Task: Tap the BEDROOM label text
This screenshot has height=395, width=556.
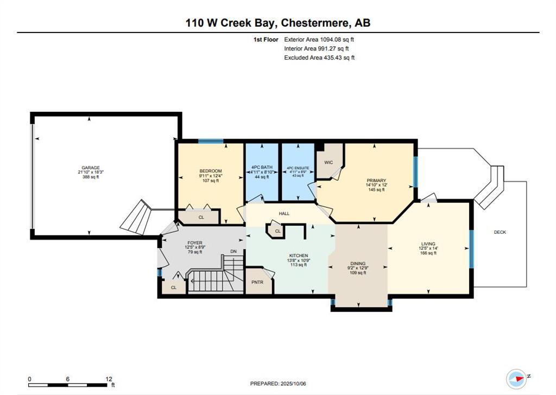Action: tap(210, 171)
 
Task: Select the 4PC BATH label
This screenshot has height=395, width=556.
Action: tap(262, 167)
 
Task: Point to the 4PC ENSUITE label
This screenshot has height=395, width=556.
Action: tap(298, 168)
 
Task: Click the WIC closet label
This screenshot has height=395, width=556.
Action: tap(328, 162)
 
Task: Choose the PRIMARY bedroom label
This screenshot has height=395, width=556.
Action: tap(376, 180)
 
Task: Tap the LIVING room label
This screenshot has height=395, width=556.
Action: tap(428, 244)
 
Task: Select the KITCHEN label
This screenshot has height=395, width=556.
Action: tap(299, 256)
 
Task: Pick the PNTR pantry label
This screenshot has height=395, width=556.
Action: tap(257, 283)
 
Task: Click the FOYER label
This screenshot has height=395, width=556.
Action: tap(194, 243)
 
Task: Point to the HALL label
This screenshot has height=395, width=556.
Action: tap(285, 213)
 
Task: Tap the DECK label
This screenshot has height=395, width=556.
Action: tap(500, 232)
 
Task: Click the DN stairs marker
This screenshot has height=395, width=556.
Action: tap(233, 251)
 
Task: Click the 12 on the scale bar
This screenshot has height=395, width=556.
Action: tap(109, 379)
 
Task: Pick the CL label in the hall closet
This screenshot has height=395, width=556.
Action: tap(278, 231)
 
